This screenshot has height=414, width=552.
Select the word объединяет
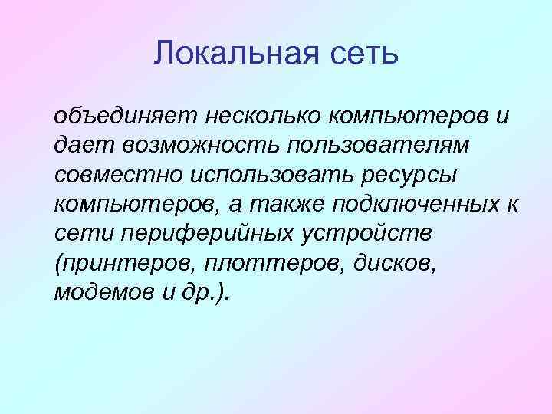[x=124, y=117]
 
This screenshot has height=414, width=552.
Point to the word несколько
[x=262, y=117]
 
